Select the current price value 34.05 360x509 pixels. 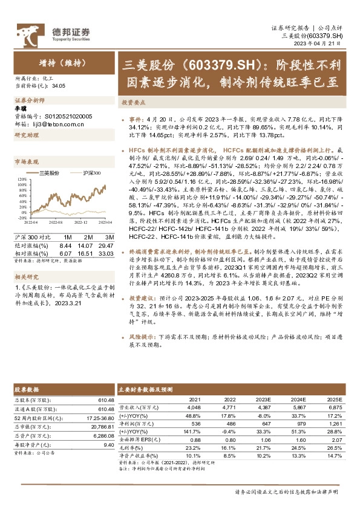pyautogui.click(x=59, y=86)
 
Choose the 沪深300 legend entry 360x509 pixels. pyautogui.click(x=91, y=173)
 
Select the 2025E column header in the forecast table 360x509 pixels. pyautogui.click(x=333, y=400)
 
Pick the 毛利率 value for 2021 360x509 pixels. pyautogui.click(x=194, y=447)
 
